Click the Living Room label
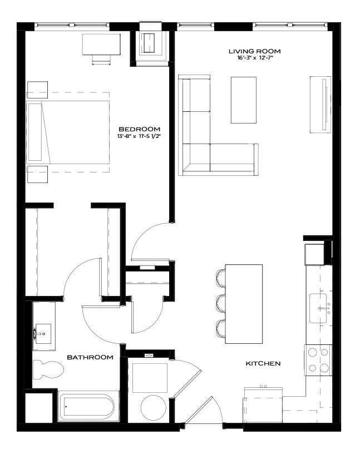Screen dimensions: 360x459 [x=255, y=51]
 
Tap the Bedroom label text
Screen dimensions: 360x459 [x=139, y=129]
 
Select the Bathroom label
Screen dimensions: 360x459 [x=90, y=357]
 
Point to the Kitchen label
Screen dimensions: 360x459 [x=263, y=363]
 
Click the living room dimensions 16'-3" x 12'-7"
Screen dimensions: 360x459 [x=255, y=58]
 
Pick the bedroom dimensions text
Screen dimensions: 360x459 [x=139, y=136]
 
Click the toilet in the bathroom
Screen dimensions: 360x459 [x=48, y=369]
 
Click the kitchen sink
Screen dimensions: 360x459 [x=318, y=308]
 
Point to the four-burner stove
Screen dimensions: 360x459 [x=318, y=360]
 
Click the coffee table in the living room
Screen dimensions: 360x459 [x=244, y=100]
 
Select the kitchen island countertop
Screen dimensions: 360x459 [x=244, y=304]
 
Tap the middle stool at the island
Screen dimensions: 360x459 [x=221, y=304]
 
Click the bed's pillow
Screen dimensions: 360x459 [x=35, y=132]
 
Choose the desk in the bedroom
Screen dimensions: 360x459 [x=101, y=45]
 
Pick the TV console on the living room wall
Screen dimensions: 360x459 [x=320, y=105]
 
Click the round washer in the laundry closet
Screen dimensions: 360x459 [x=154, y=407]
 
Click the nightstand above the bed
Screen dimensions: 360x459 [x=37, y=90]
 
